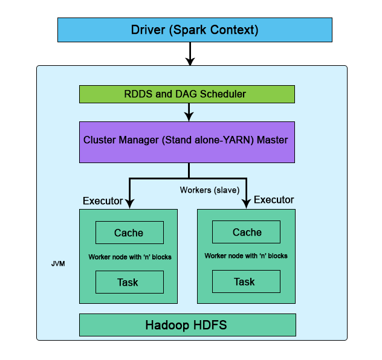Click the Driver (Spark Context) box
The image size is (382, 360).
pos(195,30)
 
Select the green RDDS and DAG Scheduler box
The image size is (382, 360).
pos(187,94)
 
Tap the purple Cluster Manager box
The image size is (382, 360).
pos(187,142)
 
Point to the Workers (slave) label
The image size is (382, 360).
pos(210,190)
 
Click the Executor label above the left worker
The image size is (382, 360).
pos(103,201)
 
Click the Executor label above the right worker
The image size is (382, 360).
pos(274,200)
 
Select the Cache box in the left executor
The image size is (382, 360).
pos(129,233)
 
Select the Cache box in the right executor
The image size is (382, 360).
pos(247,232)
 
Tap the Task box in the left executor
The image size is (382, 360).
pos(129,282)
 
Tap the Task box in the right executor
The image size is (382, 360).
pos(246,281)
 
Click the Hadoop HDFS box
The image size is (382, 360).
pos(187,325)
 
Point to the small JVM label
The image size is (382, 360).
pos(58,264)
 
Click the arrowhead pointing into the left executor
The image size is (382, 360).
pos(130,204)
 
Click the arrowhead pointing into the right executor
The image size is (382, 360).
pos(246,204)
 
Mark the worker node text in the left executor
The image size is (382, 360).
pos(130,257)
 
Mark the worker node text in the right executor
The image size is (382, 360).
pos(246,256)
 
